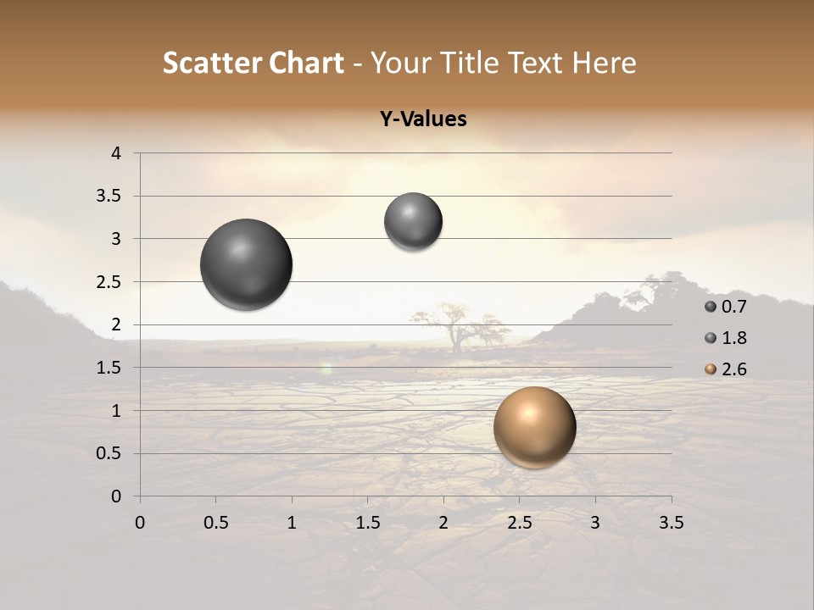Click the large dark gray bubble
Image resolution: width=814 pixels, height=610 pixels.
(247, 264)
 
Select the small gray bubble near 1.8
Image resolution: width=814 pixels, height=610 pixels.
(413, 222)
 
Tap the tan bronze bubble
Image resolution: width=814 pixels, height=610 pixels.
(534, 427)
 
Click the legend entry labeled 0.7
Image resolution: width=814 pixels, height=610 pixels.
(726, 306)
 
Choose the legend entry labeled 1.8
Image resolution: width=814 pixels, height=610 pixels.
(726, 338)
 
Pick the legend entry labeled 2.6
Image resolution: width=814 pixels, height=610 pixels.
(726, 369)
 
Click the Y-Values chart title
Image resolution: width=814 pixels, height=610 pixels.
(423, 119)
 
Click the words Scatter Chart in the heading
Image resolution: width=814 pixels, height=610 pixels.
(253, 63)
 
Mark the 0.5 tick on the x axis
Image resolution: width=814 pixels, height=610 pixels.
(215, 523)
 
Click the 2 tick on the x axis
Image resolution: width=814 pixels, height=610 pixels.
(443, 523)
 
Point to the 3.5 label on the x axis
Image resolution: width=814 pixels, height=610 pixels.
(671, 523)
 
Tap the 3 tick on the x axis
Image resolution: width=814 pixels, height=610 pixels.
(595, 523)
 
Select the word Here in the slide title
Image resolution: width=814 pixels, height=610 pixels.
(605, 63)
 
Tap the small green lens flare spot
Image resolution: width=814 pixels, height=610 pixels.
(326, 369)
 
